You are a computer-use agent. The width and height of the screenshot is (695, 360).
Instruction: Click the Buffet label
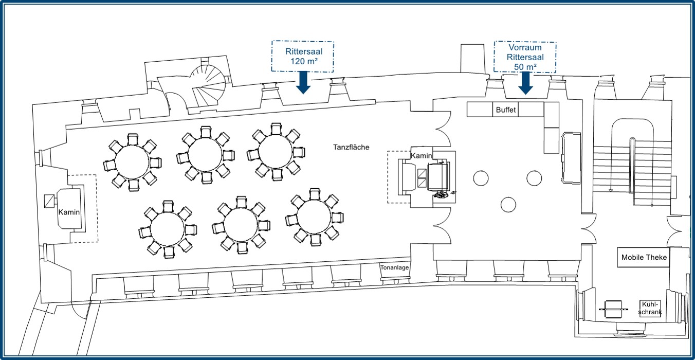(x=506, y=110)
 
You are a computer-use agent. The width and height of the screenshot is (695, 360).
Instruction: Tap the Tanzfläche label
(x=351, y=147)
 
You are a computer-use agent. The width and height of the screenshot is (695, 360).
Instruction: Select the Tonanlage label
(x=394, y=267)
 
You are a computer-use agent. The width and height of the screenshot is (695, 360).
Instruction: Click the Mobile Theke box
(x=644, y=257)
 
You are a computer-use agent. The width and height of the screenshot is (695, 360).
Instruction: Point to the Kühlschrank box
(x=650, y=309)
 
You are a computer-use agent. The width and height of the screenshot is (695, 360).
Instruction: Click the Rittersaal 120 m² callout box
(x=303, y=57)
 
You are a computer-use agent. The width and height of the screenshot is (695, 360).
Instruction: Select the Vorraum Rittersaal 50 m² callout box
(x=525, y=57)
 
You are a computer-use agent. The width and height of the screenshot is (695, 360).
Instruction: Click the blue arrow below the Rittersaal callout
(x=303, y=83)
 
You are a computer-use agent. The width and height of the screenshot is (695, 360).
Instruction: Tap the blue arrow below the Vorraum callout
(x=525, y=83)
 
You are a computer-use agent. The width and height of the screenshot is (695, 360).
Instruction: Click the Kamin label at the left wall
(x=69, y=212)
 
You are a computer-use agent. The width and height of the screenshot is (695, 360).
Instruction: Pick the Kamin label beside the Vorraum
(x=421, y=156)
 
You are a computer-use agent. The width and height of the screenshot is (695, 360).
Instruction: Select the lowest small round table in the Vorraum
(x=508, y=205)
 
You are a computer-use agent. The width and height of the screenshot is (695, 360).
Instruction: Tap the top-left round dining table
(x=132, y=162)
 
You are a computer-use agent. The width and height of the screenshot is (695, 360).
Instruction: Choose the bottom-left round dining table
(x=167, y=229)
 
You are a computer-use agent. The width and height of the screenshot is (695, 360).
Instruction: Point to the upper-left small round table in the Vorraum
(x=481, y=178)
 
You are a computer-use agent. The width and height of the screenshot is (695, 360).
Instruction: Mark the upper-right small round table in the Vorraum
(x=534, y=178)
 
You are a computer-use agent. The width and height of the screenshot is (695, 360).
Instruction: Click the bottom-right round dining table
(x=314, y=217)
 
